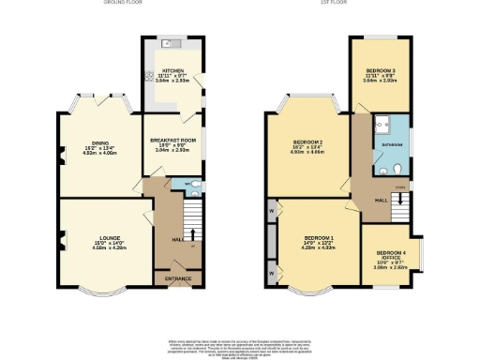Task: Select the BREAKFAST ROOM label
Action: pyautogui.click(x=170, y=139)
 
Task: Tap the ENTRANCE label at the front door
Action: pyautogui.click(x=177, y=279)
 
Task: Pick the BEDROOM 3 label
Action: pyautogui.click(x=381, y=70)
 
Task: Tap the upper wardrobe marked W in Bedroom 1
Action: pyautogui.click(x=272, y=211)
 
